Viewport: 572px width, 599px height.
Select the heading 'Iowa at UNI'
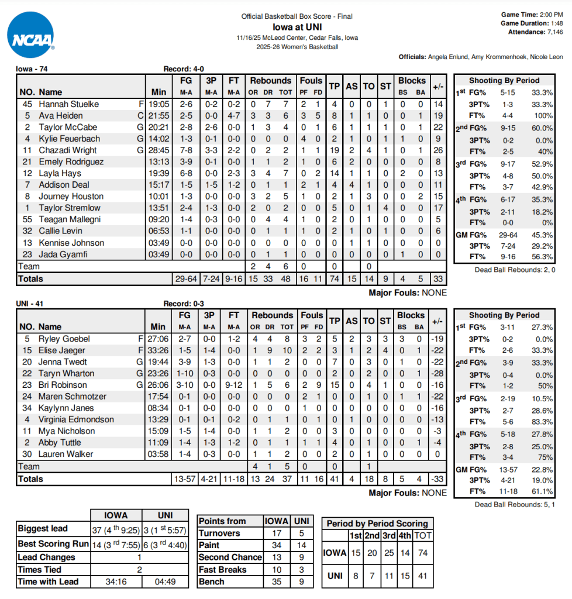click(x=297, y=27)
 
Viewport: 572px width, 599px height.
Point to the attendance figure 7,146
click(x=552, y=32)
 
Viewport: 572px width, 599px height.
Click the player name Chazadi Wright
click(x=68, y=150)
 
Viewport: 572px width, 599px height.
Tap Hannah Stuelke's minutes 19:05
click(x=158, y=104)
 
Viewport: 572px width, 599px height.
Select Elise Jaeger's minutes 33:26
click(x=158, y=350)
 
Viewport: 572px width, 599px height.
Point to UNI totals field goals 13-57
click(x=185, y=479)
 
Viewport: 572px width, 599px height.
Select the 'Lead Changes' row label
click(x=46, y=557)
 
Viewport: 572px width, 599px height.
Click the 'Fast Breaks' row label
click(x=222, y=570)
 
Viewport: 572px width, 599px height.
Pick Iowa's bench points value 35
click(x=277, y=582)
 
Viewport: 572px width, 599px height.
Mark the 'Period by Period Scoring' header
click(x=377, y=524)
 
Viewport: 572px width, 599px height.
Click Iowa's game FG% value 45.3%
click(x=542, y=236)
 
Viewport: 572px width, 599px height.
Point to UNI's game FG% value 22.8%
click(x=542, y=470)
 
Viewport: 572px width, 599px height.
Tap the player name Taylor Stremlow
click(x=70, y=208)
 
